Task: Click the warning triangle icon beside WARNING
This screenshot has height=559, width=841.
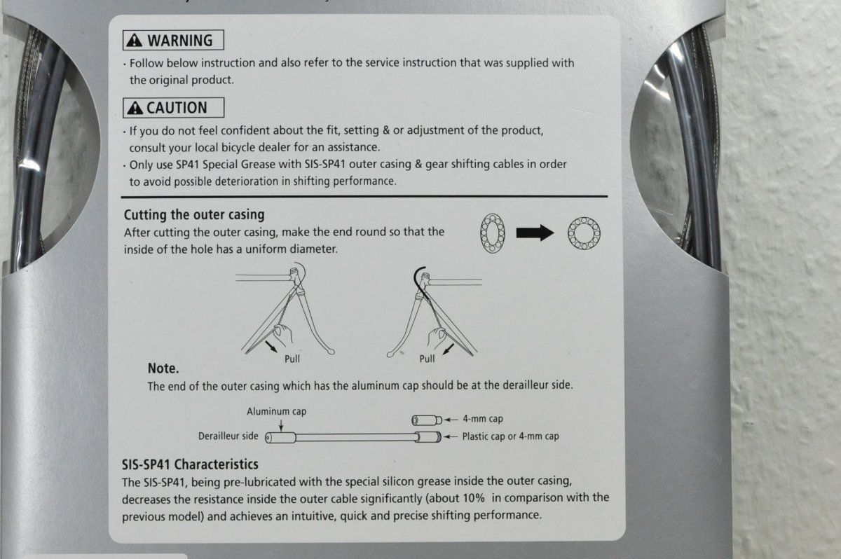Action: click(134, 40)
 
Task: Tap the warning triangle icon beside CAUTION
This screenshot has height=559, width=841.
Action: click(135, 108)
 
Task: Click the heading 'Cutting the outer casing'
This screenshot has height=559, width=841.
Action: click(194, 214)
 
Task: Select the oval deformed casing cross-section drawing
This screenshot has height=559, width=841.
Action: click(492, 233)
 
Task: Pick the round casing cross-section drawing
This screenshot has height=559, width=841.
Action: click(584, 233)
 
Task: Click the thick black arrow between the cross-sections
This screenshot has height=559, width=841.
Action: click(535, 233)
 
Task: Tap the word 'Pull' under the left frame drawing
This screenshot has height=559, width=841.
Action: click(292, 359)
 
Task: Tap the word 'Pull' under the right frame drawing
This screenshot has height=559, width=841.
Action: click(427, 359)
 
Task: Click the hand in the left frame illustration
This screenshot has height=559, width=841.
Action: click(282, 334)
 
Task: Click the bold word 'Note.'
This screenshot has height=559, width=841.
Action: click(163, 368)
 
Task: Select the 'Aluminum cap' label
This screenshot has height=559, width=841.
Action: click(276, 412)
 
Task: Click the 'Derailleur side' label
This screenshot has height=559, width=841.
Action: click(228, 436)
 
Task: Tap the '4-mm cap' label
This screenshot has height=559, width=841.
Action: click(483, 419)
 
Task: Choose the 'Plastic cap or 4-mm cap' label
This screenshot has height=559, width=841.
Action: click(511, 436)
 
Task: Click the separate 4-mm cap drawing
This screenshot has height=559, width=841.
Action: click(427, 420)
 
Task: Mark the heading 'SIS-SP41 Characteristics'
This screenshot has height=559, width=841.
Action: click(190, 464)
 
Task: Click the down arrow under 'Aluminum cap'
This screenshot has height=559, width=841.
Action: click(281, 425)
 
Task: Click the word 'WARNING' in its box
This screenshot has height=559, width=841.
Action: click(180, 41)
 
